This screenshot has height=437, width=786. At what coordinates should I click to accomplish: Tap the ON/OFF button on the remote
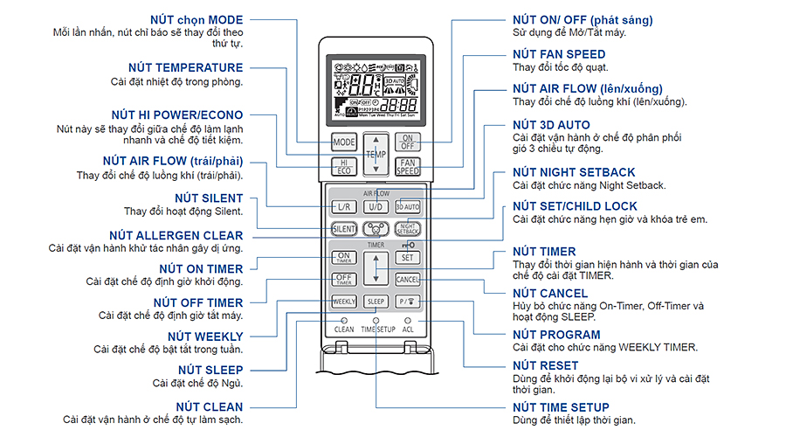(x=408, y=142)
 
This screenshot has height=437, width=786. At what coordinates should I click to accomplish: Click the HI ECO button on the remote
(x=344, y=167)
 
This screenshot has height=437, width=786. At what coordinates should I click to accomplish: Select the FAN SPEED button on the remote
(x=408, y=166)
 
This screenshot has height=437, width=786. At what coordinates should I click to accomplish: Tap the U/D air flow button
(x=376, y=207)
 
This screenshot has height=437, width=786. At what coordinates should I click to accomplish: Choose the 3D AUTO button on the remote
(x=408, y=207)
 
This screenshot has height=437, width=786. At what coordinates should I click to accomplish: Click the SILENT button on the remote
(x=344, y=229)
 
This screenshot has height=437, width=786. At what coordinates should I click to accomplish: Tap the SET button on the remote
(x=408, y=257)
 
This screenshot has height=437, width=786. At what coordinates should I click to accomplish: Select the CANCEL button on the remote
(x=408, y=280)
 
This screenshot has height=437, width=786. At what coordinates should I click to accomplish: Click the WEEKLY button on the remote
(x=344, y=302)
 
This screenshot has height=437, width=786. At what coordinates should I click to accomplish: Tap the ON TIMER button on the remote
(x=344, y=257)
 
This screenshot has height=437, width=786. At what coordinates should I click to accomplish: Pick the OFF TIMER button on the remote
(x=344, y=280)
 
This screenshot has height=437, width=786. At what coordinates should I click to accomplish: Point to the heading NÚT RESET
(x=546, y=366)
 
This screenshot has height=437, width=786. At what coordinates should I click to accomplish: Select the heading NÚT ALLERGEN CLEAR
(x=176, y=236)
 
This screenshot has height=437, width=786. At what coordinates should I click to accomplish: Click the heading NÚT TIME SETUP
(x=561, y=407)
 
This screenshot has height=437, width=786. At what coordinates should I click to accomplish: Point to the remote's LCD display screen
(x=376, y=88)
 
